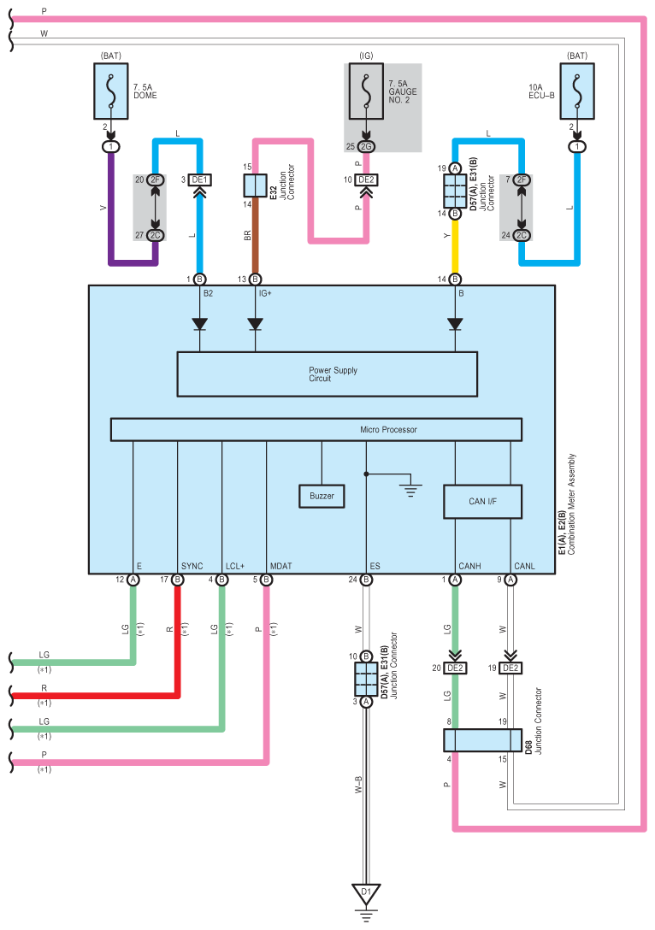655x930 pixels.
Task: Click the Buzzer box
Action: coord(322,496)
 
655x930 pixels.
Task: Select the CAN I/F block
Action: coord(482,502)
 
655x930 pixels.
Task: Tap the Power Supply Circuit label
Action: coord(333,374)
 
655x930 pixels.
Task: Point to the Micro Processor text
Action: coord(388,429)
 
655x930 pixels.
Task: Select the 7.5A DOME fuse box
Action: coord(111,91)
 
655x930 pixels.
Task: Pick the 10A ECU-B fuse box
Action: coord(576,91)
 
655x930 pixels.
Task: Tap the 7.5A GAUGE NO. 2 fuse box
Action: coord(365,91)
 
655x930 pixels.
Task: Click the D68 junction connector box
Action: coord(482,740)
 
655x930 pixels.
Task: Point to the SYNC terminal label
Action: coord(192,566)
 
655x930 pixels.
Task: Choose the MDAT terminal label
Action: coord(280,566)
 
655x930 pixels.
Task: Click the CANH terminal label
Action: coord(469,566)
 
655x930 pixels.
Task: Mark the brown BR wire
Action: coord(255,235)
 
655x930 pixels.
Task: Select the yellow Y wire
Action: coord(455,246)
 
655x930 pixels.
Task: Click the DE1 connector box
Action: coord(199,180)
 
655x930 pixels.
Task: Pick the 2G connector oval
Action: coord(366,146)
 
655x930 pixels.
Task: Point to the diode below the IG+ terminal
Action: coord(255,324)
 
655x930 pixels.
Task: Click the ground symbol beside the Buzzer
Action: coord(410,490)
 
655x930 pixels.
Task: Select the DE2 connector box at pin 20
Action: coord(455,668)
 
